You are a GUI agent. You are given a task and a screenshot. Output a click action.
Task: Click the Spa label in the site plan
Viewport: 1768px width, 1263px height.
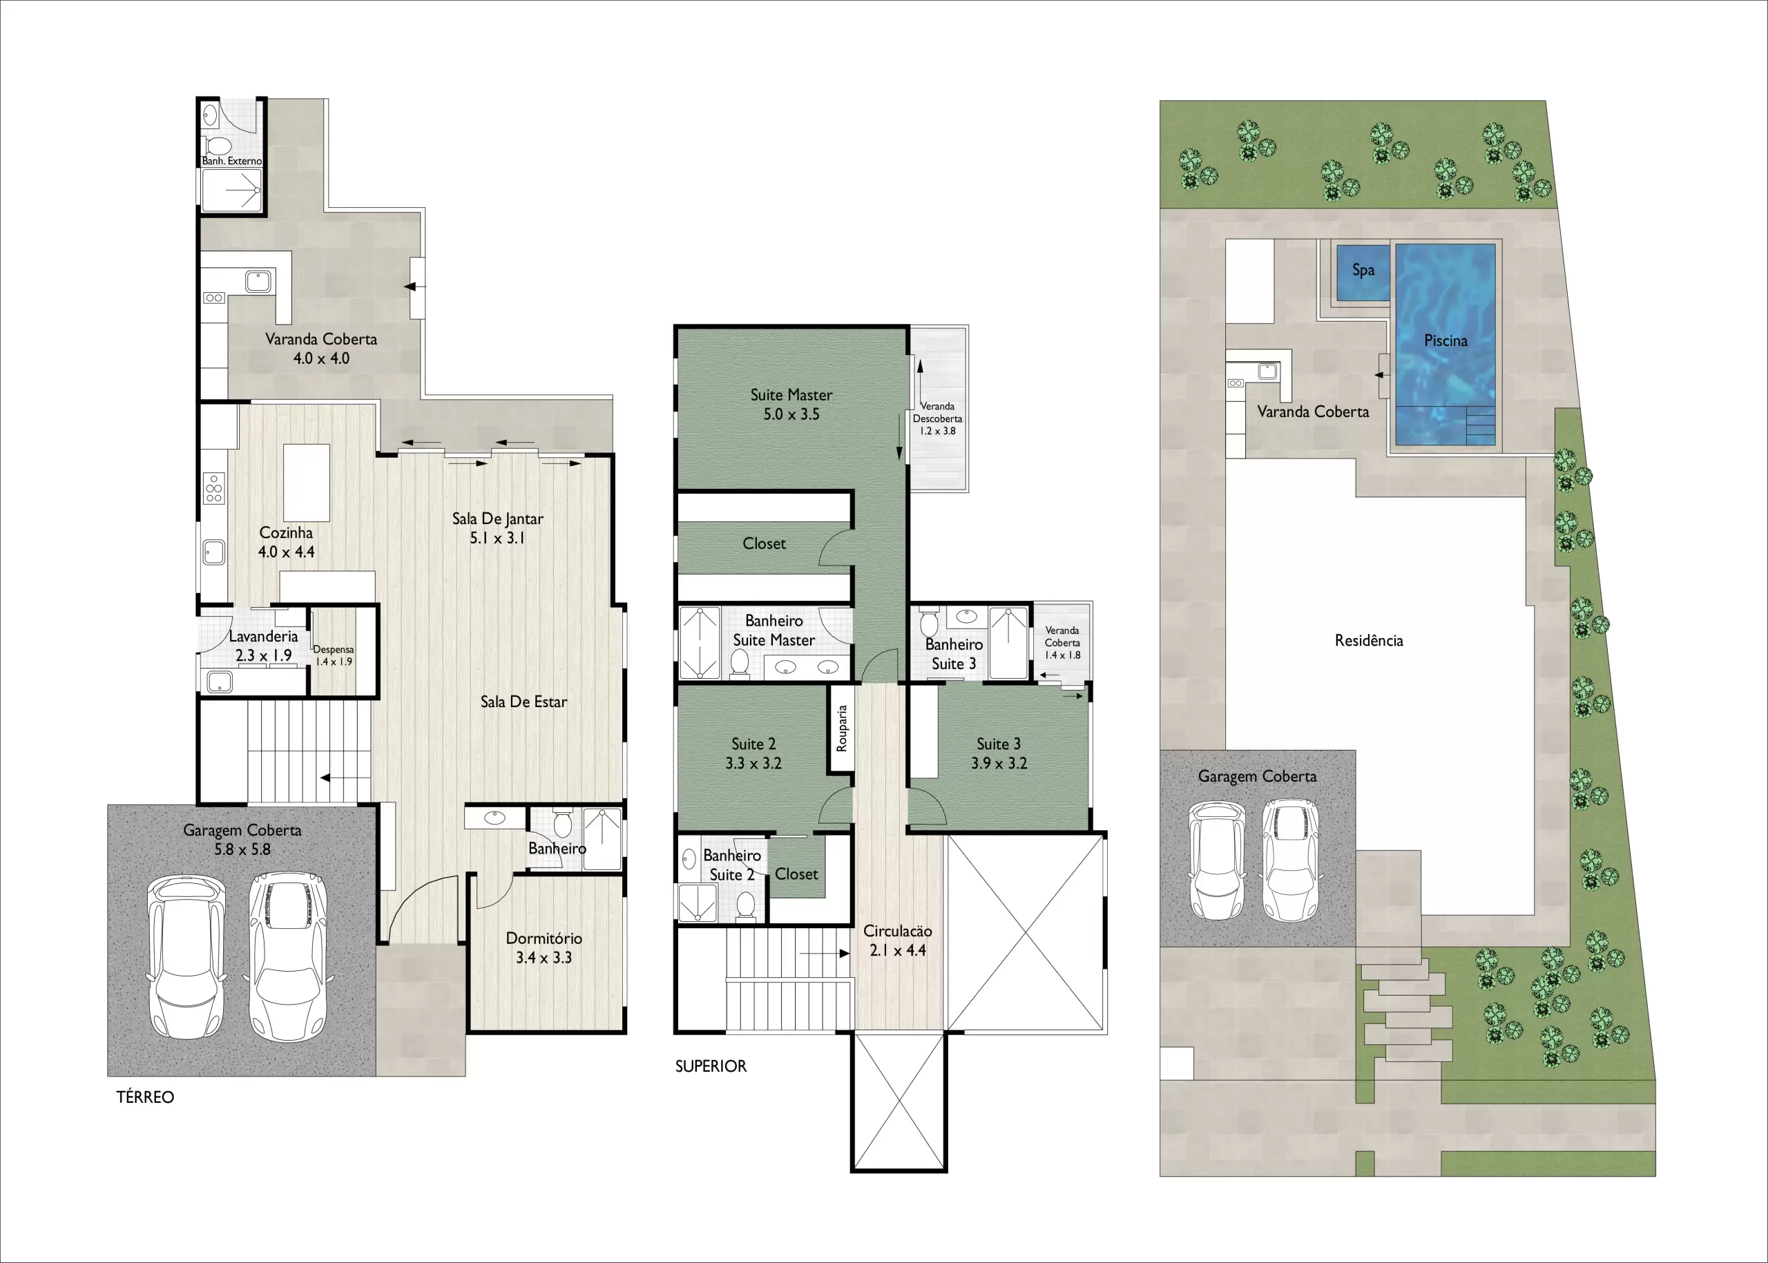1363,271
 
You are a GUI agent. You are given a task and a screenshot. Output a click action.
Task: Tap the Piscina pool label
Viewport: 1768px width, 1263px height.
1445,340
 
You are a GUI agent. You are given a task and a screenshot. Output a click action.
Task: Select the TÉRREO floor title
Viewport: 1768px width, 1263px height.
146,1097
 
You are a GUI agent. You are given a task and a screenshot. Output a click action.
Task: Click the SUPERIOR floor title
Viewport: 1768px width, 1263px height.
710,1066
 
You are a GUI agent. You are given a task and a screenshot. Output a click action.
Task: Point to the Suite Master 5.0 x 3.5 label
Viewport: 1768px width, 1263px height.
791,405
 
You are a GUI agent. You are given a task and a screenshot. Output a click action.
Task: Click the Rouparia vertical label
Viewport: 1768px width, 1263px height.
840,728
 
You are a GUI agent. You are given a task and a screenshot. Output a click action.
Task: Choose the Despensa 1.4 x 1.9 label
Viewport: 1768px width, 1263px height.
334,655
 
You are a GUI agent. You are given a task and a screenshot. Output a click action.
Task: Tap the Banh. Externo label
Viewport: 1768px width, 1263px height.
232,161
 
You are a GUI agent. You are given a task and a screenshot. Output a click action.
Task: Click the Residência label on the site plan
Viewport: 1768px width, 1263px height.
1369,641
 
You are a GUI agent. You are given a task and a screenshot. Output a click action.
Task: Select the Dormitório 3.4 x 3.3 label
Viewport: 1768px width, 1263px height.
544,948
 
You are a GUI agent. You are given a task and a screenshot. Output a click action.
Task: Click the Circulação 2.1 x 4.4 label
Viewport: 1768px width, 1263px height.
898,941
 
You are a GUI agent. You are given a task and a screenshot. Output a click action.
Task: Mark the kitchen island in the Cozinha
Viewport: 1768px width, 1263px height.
307,482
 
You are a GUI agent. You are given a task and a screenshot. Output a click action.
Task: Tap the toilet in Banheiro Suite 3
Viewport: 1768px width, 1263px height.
929,624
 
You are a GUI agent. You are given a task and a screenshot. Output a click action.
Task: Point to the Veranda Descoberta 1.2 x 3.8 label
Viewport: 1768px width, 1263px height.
937,418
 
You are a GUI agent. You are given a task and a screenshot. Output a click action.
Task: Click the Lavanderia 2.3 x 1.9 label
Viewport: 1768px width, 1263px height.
263,646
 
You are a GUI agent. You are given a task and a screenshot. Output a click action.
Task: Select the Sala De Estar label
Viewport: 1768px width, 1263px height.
523,702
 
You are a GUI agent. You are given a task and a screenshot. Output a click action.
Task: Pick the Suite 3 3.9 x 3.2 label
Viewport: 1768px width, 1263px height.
999,753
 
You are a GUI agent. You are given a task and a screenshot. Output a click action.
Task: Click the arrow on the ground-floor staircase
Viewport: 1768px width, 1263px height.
345,778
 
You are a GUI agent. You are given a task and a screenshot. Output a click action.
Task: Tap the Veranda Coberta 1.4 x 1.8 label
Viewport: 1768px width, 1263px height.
1062,643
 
